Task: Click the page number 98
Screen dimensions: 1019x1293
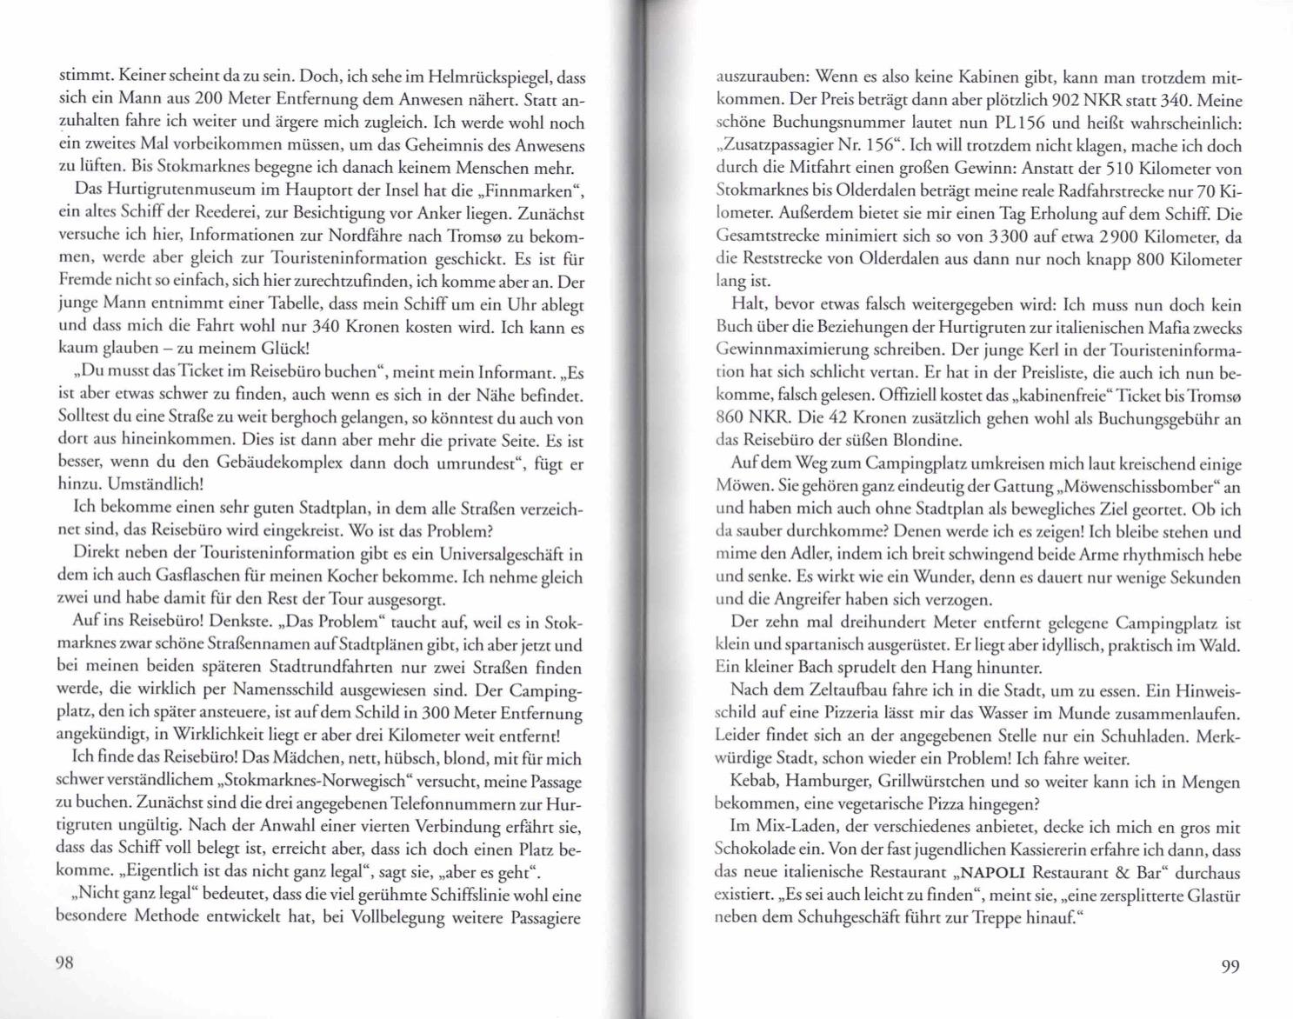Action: pyautogui.click(x=65, y=962)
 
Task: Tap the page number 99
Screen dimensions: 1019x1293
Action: pyautogui.click(x=1230, y=966)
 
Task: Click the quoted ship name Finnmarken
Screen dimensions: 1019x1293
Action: pyautogui.click(x=537, y=189)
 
